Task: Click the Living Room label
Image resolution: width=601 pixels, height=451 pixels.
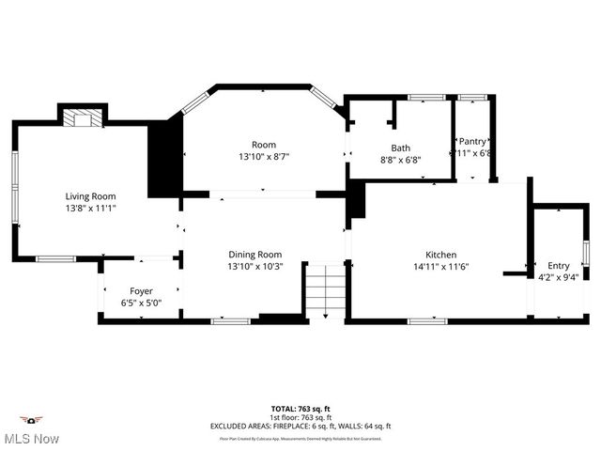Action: (90, 196)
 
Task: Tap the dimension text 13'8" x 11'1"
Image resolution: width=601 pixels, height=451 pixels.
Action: (90, 209)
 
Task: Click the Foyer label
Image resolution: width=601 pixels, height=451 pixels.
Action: (141, 291)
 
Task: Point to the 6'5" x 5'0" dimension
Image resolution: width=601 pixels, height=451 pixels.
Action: (141, 303)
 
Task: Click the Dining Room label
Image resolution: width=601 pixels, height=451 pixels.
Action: (254, 255)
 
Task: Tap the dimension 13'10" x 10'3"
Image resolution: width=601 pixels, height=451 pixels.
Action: (254, 267)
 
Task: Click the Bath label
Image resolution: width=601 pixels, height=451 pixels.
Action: (401, 148)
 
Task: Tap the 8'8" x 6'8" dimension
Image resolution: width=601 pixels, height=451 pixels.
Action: (401, 160)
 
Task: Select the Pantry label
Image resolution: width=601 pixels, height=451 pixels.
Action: (472, 141)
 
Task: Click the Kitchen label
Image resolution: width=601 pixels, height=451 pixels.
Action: (440, 255)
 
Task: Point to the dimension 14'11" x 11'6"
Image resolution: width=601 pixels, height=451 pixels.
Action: (440, 267)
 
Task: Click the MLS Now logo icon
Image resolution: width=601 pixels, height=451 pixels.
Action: (31, 420)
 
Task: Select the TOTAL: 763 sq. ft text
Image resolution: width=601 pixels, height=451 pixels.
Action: (300, 409)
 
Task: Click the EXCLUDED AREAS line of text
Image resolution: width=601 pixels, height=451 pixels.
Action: (300, 426)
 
